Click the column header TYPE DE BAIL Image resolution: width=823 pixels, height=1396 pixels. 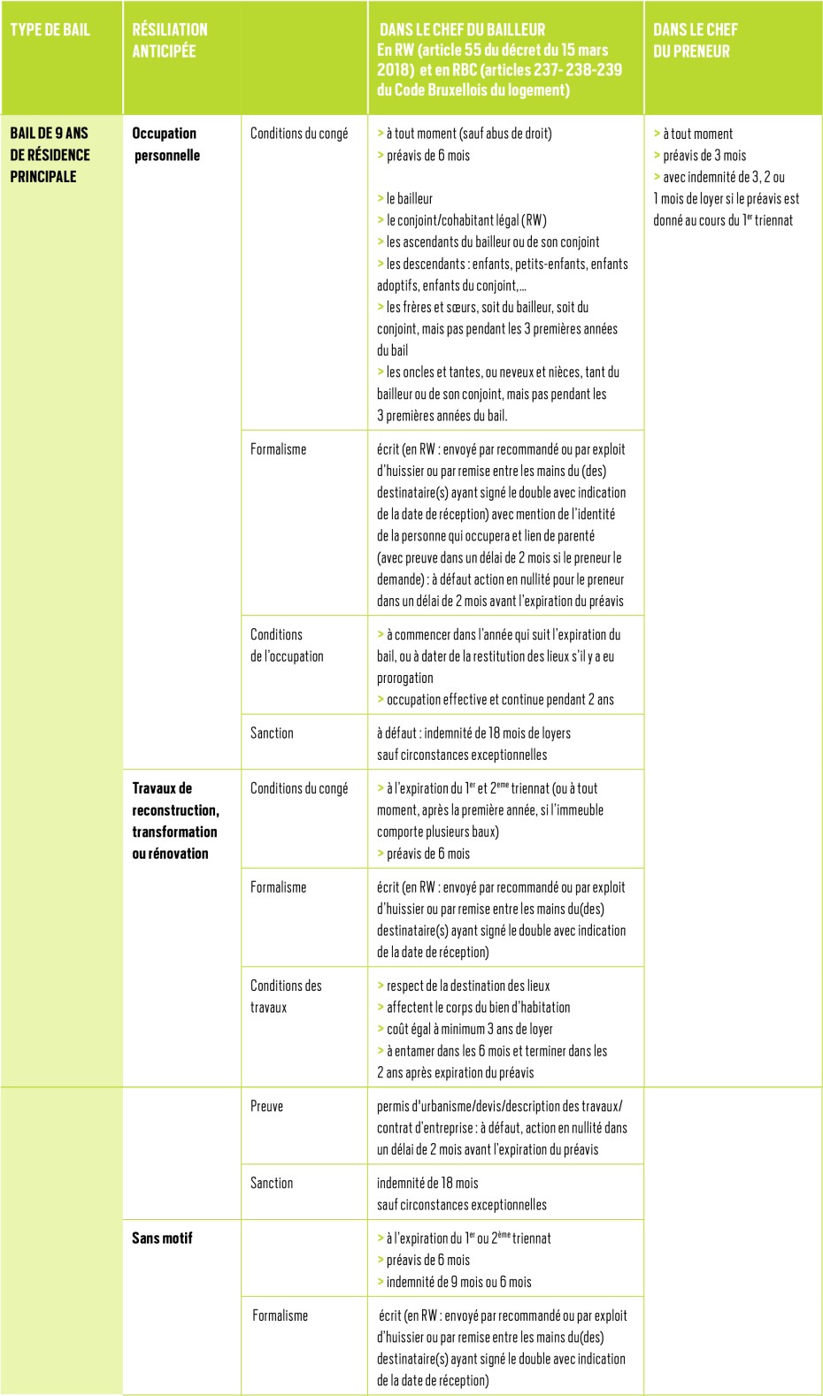click(50, 29)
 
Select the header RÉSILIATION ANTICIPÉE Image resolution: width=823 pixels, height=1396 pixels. click(169, 40)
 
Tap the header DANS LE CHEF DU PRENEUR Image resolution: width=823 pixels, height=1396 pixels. click(695, 40)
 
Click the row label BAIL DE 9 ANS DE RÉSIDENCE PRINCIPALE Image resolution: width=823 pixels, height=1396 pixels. click(50, 155)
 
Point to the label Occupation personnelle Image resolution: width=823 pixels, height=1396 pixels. click(165, 144)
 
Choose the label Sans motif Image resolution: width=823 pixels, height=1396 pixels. click(162, 1238)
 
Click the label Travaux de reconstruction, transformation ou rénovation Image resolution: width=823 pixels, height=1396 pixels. click(175, 820)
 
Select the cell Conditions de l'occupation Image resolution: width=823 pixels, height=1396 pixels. click(286, 645)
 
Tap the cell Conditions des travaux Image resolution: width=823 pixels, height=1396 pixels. click(285, 996)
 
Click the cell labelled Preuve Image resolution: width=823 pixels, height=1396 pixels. click(266, 1106)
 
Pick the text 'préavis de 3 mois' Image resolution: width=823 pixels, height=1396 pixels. click(704, 155)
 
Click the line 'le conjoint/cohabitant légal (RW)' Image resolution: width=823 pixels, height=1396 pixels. click(465, 220)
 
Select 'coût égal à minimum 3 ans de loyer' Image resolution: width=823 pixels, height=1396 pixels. click(469, 1029)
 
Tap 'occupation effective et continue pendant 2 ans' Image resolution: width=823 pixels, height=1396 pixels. click(499, 699)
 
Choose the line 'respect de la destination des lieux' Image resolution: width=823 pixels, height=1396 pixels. click(467, 986)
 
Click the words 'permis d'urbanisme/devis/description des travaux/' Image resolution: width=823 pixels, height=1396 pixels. click(499, 1106)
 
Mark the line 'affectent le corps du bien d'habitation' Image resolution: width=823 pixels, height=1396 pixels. click(478, 1007)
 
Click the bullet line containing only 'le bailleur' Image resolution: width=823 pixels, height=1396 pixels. click(409, 198)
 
